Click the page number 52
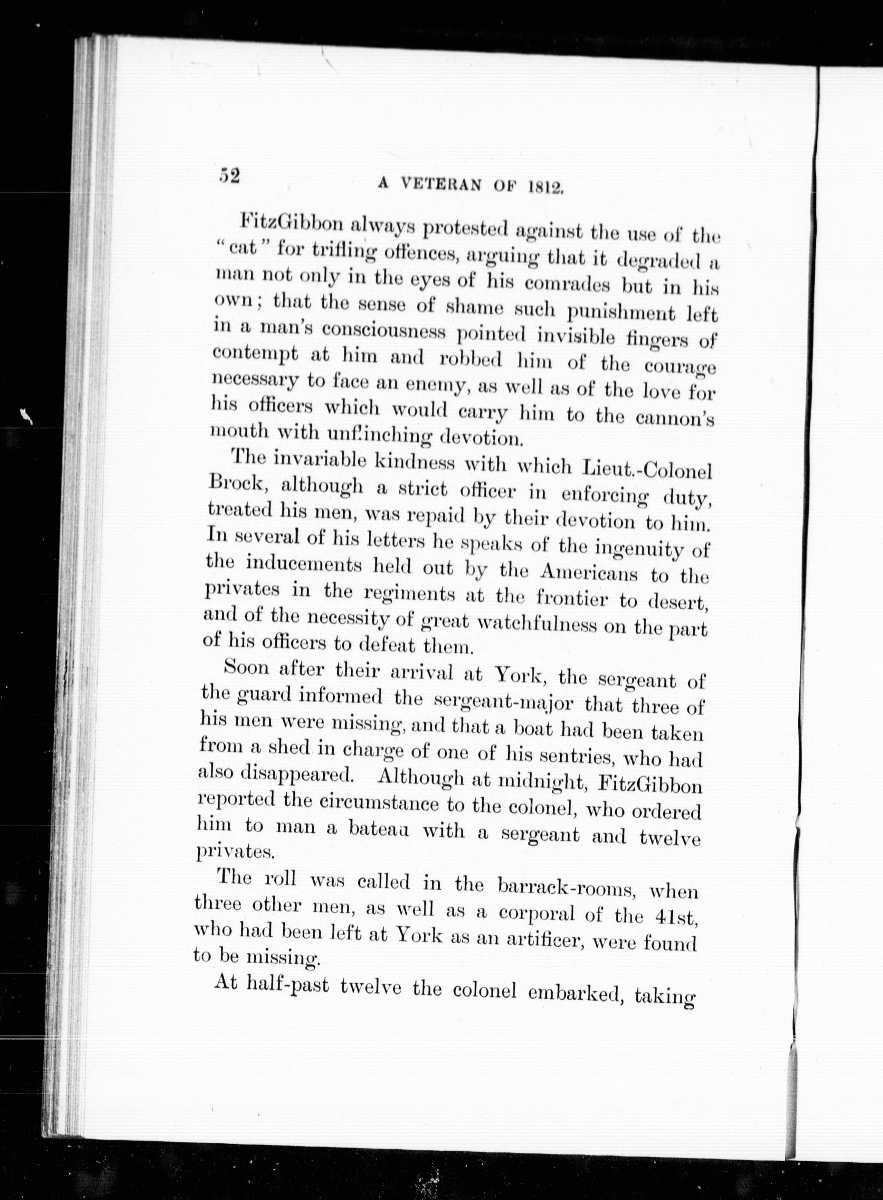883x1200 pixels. [229, 175]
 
